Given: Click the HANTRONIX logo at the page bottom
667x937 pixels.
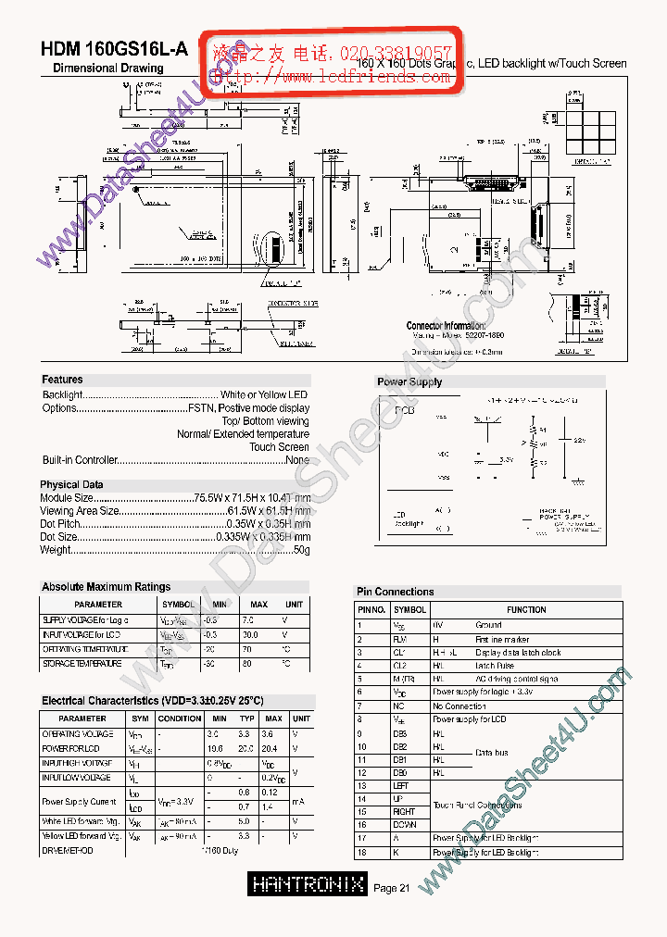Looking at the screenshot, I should point(308,884).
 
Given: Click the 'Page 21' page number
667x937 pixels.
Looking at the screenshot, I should point(392,889).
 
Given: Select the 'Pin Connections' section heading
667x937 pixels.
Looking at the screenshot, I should point(395,592).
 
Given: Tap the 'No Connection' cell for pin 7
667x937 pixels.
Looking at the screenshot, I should point(459,706).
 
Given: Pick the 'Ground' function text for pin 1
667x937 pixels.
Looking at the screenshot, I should point(488,626).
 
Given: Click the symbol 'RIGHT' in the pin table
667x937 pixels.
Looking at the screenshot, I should point(406,812).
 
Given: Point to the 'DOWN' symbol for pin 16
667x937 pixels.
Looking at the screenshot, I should point(406,825).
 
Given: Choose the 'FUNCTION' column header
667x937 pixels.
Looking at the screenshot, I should point(526,610).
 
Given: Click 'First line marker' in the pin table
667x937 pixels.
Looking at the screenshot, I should point(502,640).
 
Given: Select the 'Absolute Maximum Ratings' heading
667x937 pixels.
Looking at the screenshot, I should point(106,587).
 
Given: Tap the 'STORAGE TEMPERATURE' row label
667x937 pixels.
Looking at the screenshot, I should point(82,664).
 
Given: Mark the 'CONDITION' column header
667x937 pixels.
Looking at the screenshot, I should point(180,718).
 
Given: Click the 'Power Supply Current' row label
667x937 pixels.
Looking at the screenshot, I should point(79,802).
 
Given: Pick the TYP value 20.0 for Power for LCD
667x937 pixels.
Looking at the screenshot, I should point(246,748).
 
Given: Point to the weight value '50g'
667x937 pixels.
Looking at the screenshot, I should point(301,550).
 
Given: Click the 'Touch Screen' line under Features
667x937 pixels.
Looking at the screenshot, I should point(279,447).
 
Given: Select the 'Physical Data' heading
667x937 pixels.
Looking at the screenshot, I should point(71,485).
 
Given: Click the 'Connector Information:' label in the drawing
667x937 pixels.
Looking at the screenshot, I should point(446,326).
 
